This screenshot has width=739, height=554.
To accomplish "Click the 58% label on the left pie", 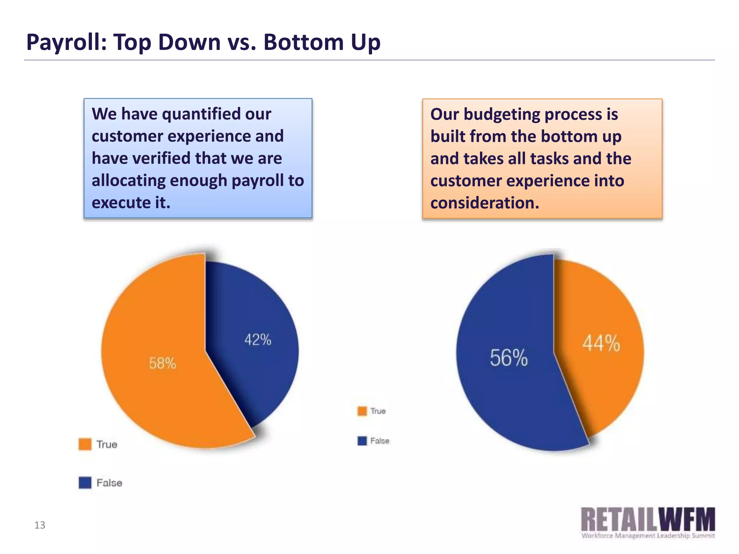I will click(162, 363).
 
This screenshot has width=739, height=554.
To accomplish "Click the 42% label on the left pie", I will click(258, 340).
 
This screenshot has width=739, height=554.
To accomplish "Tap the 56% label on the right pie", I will click(508, 358).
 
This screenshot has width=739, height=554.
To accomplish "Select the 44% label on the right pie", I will click(601, 343).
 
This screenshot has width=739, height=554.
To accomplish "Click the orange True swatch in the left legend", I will click(85, 444).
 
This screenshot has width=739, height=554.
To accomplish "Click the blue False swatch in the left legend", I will click(85, 483).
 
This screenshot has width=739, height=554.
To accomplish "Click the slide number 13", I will click(40, 525).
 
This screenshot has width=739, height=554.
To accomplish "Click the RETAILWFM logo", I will click(648, 519).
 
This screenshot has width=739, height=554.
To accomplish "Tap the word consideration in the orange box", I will click(485, 203).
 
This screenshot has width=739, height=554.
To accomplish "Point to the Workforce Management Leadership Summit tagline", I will click(648, 536).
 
